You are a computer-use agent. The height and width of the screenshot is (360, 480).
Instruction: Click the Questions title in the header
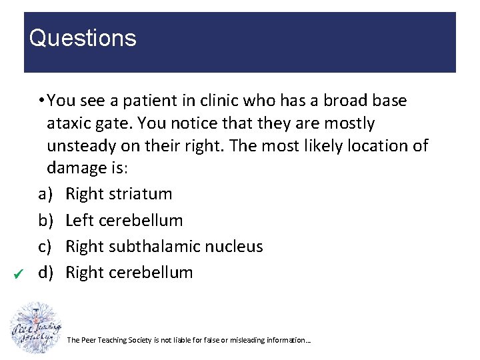(83, 38)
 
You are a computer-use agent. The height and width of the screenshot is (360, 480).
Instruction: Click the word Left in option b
(81, 220)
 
